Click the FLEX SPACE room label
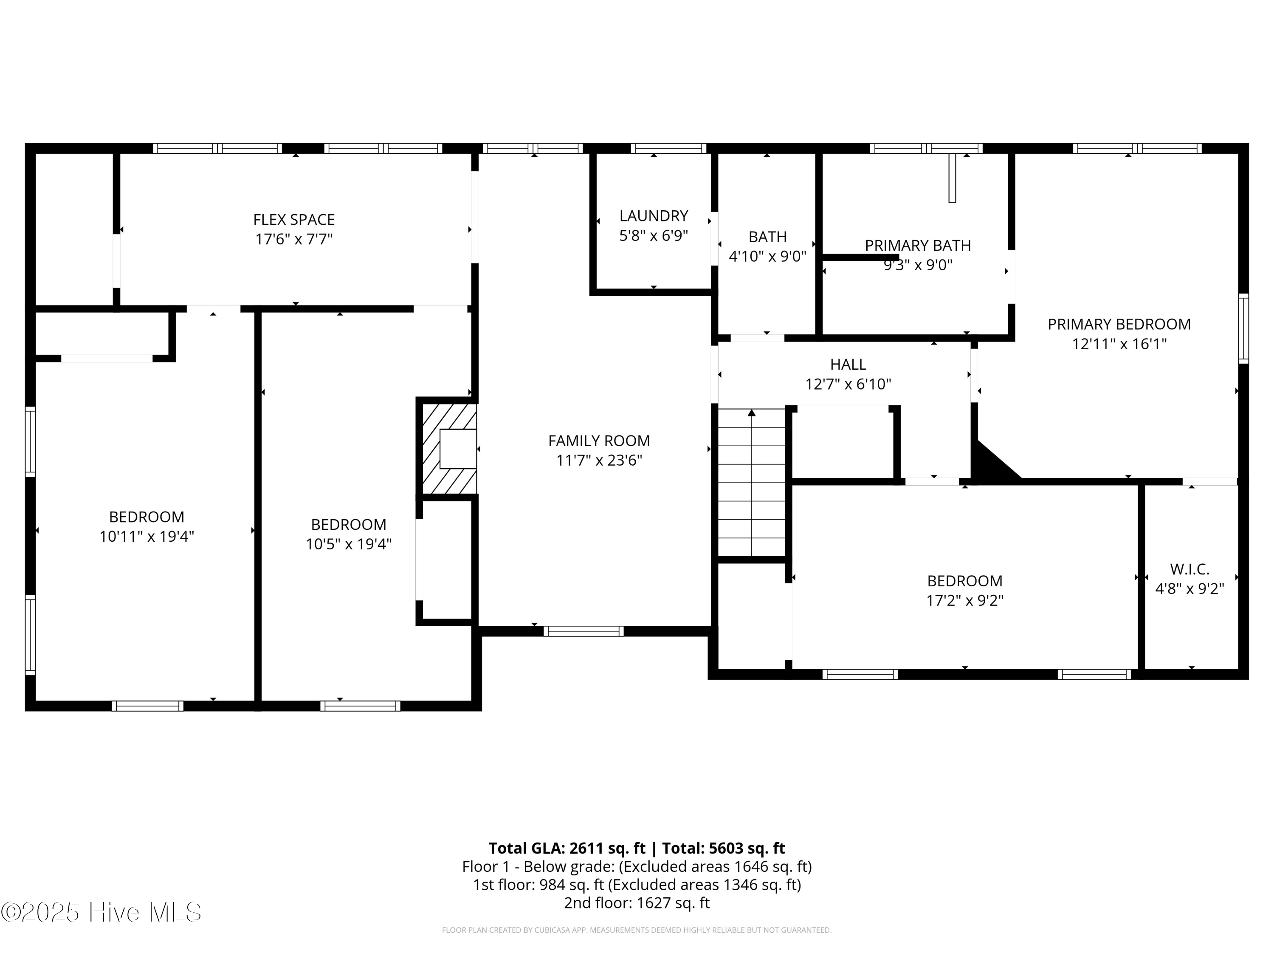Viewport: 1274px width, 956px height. pos(294,220)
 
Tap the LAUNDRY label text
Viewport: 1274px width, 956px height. pos(653,216)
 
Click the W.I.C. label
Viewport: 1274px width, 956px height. pos(1189,569)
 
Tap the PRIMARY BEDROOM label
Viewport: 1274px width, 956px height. pos(1119,325)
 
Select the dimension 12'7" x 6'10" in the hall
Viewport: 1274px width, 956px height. pos(848,384)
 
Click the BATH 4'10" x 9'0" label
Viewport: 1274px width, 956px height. pos(767,246)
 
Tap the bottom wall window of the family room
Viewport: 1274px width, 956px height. pos(583,631)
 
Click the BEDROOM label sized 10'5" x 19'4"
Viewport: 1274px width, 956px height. pos(349,524)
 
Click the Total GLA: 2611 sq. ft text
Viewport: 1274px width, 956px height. pos(567,848)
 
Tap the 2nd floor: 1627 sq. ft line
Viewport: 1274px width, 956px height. pos(637,902)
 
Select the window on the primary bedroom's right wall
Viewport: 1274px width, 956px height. pos(1243,328)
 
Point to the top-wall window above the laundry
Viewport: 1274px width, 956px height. pos(668,149)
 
